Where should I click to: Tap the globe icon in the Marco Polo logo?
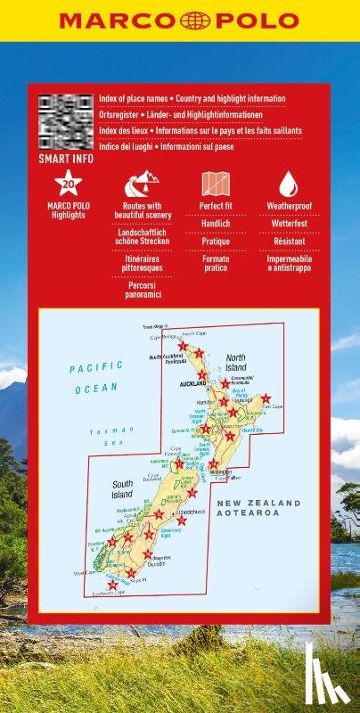click(179, 20)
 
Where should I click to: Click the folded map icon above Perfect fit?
click(217, 184)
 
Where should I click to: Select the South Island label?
click(122, 489)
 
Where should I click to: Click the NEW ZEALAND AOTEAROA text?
click(249, 509)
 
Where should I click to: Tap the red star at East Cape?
click(266, 398)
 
